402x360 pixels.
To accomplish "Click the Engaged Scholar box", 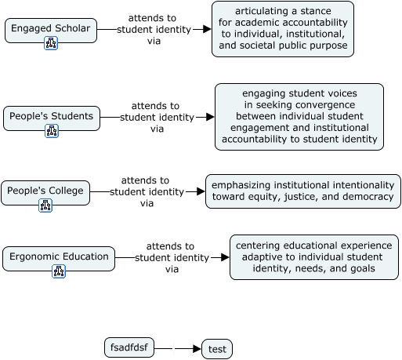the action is point(51,31).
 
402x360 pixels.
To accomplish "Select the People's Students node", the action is point(52,118).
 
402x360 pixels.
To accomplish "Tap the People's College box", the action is point(45,193).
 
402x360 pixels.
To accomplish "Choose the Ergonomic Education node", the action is point(59,259).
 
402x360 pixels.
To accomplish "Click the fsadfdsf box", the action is point(129,347).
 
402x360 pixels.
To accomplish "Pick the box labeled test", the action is point(217,349).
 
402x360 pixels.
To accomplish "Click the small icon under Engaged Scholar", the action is point(51,43).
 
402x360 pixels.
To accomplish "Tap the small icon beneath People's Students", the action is point(52,131).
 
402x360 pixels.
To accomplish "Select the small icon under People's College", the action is point(45,205).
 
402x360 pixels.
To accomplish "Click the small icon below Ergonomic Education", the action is point(59,271).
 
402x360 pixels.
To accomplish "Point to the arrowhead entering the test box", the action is point(197,348).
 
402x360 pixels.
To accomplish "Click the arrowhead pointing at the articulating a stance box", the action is point(207,29).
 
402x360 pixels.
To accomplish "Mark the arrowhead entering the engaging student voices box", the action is point(210,117).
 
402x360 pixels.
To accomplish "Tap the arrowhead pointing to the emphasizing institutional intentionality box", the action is point(201,191).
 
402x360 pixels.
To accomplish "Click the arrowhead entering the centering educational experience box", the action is point(225,257).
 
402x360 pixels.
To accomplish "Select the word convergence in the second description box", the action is point(325,105).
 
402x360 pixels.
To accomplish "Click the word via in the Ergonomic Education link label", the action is point(172,269).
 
